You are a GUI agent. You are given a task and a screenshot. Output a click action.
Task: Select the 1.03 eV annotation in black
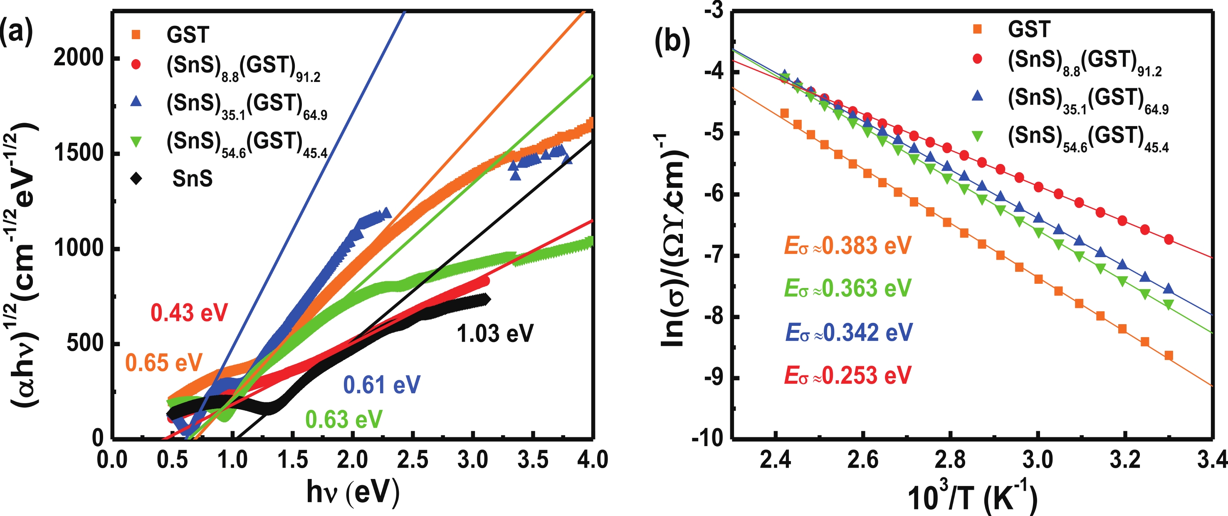(x=495, y=333)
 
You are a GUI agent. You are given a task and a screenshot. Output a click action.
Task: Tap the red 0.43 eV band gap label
(x=189, y=313)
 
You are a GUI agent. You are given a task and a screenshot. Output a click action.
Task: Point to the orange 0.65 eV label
(x=163, y=363)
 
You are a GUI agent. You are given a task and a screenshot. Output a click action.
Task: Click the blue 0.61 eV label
(x=381, y=385)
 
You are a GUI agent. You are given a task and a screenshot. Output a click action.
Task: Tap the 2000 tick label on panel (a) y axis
(x=79, y=58)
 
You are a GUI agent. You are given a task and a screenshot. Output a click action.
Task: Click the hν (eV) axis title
(x=353, y=492)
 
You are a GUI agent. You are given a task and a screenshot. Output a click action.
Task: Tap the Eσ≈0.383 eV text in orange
(x=847, y=246)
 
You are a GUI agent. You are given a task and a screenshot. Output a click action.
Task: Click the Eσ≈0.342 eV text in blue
(x=849, y=332)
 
